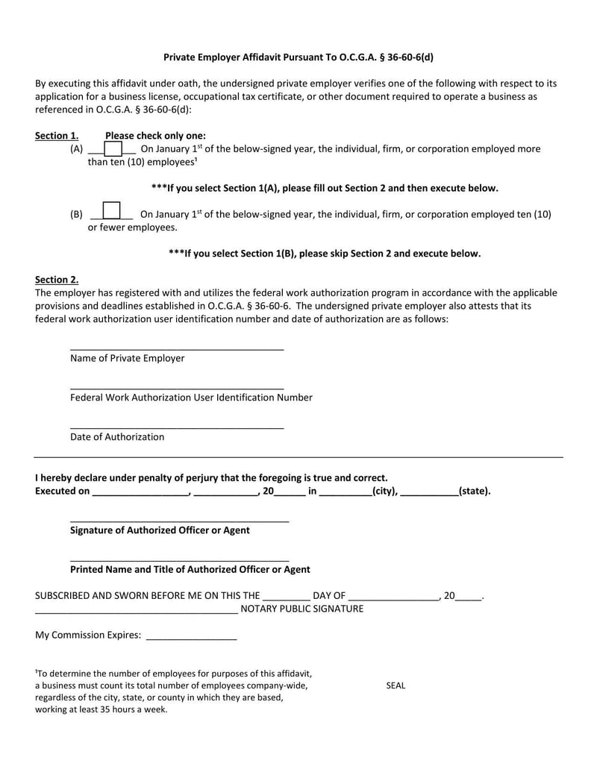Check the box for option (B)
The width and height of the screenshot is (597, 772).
pos(110,212)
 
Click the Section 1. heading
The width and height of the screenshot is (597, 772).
pos(57,136)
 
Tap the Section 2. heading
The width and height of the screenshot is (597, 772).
pos(57,280)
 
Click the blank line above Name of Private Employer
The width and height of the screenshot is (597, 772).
pos(177,348)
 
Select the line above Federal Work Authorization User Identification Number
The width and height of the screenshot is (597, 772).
pos(177,387)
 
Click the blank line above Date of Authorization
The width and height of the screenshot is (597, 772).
pos(177,427)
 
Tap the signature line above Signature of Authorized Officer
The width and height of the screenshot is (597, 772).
pos(179,520)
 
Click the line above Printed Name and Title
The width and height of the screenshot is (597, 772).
pos(179,559)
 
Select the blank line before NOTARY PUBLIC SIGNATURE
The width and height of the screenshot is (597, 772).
pos(136,612)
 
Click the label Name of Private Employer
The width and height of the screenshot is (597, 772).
pos(127,358)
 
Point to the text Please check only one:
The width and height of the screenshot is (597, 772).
pos(155,136)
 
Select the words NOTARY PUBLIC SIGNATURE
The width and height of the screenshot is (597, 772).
pos(302,609)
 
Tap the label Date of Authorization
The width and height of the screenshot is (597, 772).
pos(117,437)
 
